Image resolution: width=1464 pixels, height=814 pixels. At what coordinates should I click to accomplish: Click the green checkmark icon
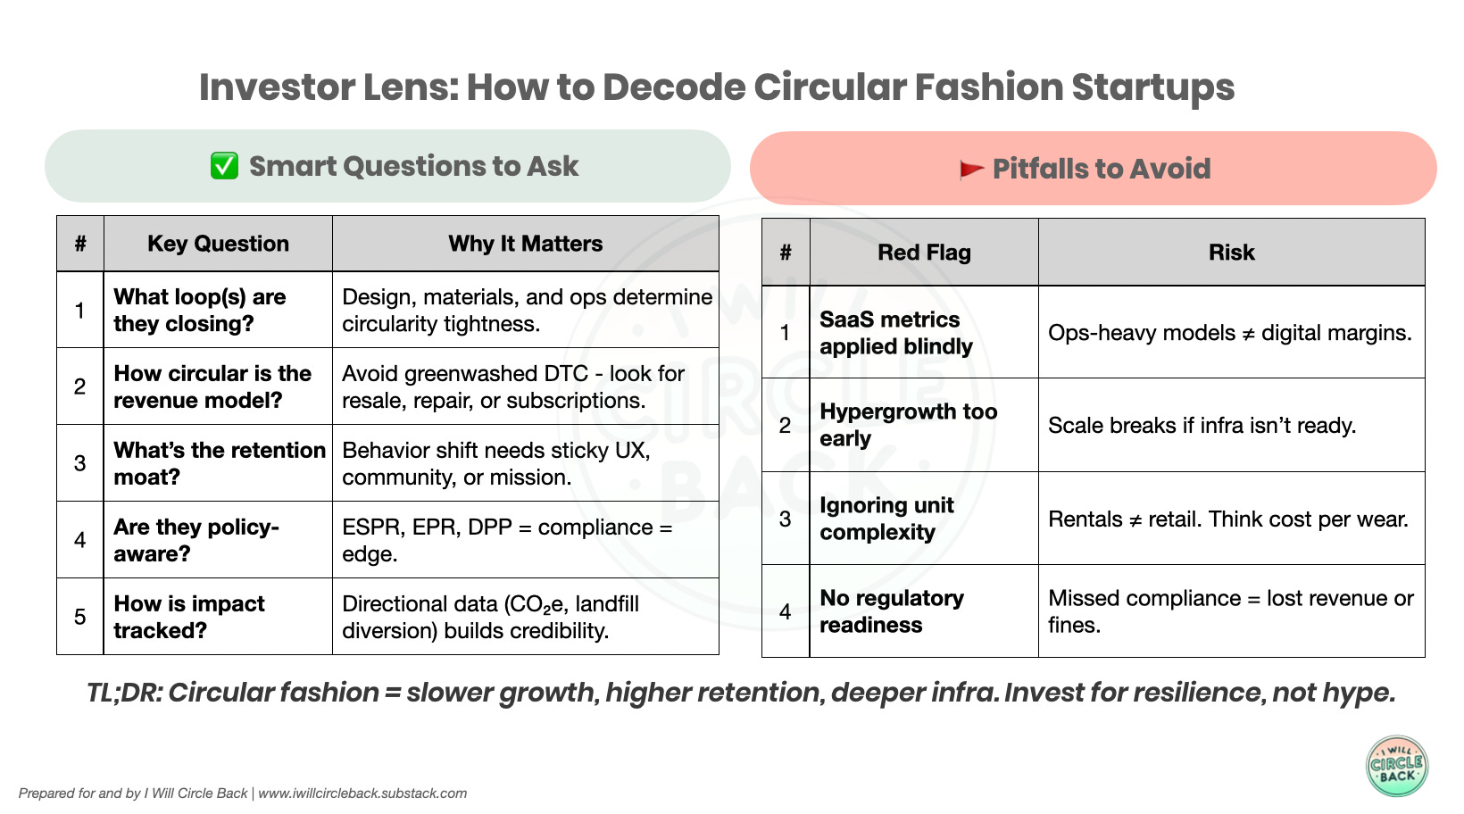coord(224,166)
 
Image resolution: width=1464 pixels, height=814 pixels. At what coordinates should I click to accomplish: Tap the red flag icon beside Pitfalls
coord(971,169)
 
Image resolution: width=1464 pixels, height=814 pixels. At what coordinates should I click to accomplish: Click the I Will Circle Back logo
coord(1397,765)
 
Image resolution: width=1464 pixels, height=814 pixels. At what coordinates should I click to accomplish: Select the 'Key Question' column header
coord(218,244)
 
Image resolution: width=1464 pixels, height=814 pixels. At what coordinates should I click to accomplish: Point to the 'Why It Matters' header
coord(525,244)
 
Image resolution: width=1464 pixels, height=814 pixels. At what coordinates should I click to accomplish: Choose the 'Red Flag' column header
coord(924,253)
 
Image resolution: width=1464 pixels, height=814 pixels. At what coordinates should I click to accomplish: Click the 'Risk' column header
coord(1231,253)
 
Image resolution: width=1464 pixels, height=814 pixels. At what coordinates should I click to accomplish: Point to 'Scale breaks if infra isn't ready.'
coord(1202,426)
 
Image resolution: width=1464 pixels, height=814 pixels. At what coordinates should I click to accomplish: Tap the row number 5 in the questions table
coord(80,617)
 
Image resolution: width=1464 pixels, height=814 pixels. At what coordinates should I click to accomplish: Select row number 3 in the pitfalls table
coord(785,519)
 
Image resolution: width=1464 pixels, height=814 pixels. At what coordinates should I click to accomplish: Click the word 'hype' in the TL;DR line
coord(1356,693)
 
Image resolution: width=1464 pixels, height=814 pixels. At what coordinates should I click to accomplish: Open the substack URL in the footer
coord(362,793)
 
